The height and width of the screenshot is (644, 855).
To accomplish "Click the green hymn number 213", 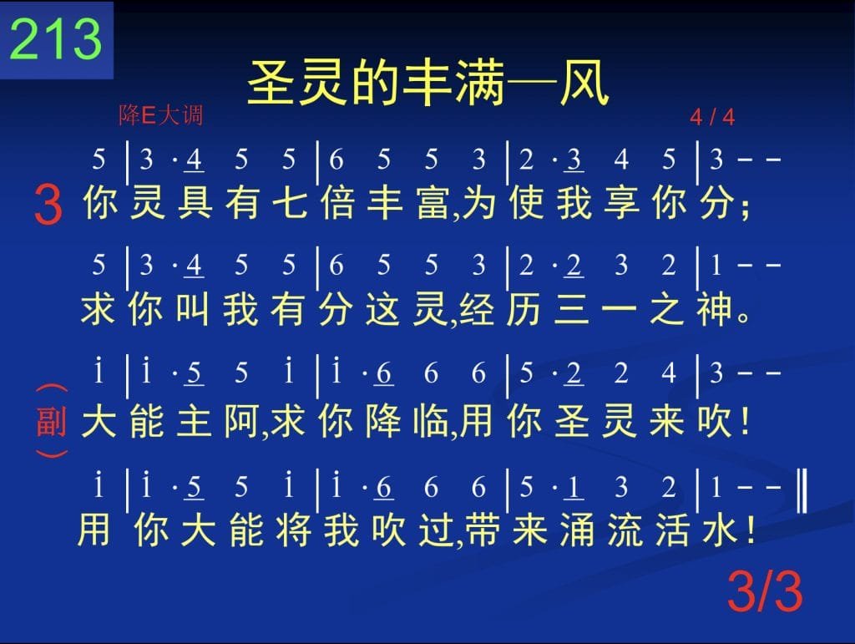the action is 56,38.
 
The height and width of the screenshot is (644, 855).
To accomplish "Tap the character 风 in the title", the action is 584,84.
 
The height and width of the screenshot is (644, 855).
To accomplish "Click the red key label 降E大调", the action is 161,115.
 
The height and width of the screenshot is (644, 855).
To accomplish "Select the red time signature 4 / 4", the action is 712,117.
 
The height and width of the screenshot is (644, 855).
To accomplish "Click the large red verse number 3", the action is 48,204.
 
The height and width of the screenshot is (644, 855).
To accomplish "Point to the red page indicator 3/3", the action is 765,592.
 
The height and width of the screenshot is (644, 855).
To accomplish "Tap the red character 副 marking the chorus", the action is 52,422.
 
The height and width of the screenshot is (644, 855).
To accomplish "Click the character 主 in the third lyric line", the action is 194,422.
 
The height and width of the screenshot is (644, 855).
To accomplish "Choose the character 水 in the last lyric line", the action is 719,530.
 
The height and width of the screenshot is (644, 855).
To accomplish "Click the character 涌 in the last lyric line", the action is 577,530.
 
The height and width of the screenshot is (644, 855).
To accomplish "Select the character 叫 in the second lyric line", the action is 193,309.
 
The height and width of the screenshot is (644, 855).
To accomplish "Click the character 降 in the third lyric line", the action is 383,422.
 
